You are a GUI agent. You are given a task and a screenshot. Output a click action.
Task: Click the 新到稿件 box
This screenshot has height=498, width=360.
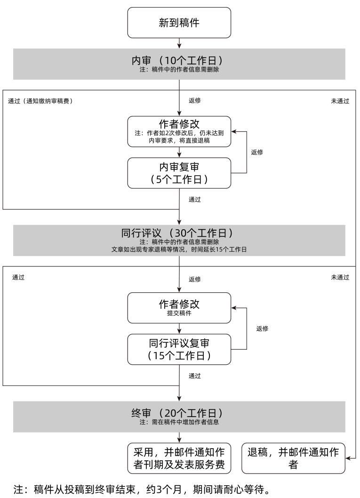(x=179, y=23)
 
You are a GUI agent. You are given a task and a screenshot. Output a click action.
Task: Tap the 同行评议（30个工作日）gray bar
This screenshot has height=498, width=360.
(x=179, y=240)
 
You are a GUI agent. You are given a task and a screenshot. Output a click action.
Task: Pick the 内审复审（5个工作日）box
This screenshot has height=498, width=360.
(x=179, y=173)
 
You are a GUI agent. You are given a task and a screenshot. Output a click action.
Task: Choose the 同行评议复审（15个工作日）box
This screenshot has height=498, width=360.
(x=179, y=349)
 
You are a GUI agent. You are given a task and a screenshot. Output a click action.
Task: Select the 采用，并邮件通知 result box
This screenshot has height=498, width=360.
(x=179, y=458)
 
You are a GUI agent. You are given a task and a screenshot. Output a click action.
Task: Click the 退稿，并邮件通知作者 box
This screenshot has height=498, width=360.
(x=293, y=458)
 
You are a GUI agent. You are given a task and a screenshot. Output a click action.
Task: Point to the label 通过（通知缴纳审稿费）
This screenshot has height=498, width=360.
(x=40, y=101)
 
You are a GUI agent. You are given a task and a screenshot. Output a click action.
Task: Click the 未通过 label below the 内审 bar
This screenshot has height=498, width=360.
(x=340, y=101)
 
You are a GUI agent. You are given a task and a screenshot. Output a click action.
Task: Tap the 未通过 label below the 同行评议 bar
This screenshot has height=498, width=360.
(x=340, y=277)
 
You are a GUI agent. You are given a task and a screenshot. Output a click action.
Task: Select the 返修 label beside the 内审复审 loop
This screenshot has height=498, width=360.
(x=257, y=153)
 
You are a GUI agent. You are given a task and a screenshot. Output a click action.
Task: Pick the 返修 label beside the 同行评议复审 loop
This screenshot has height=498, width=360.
(x=262, y=329)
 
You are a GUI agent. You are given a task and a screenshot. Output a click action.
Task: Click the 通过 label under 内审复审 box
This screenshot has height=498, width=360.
(x=195, y=199)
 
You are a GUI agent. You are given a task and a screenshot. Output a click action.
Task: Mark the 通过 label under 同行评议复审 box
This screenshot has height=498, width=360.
(x=195, y=376)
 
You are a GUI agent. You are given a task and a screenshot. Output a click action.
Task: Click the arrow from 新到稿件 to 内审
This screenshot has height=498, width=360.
(x=179, y=43)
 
